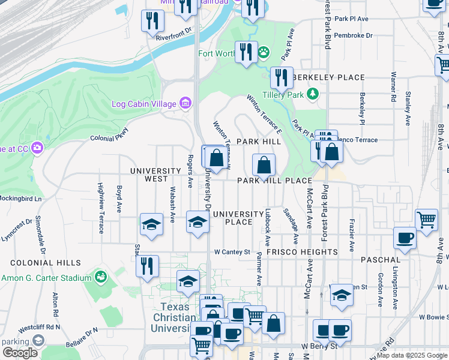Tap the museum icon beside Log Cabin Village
point(185,104)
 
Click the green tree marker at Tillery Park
point(312,94)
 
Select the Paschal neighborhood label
point(381,260)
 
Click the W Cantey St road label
point(232,252)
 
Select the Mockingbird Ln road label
point(20,198)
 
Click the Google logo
point(20,353)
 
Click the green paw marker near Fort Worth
point(264,54)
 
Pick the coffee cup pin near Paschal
point(405,238)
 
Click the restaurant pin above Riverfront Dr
point(152,21)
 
